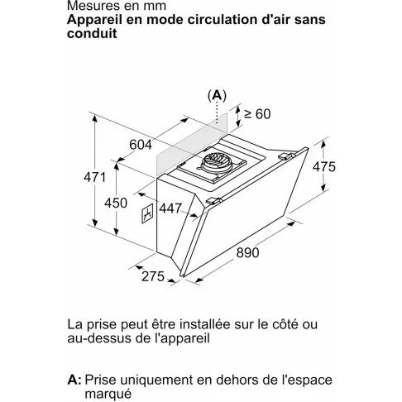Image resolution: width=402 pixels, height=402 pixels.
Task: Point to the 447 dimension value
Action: coord(170,209)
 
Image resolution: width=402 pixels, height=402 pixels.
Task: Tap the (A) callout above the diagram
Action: coord(218,95)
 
